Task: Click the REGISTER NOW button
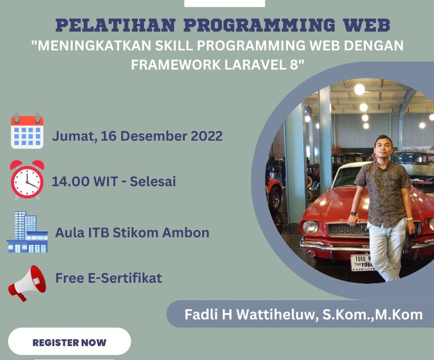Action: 69,343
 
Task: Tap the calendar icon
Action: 27,131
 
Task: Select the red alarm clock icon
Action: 27,180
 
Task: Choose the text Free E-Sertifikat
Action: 108,277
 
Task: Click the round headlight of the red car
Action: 310,227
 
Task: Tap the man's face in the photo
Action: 384,148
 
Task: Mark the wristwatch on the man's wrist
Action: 353,214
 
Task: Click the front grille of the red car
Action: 341,229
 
